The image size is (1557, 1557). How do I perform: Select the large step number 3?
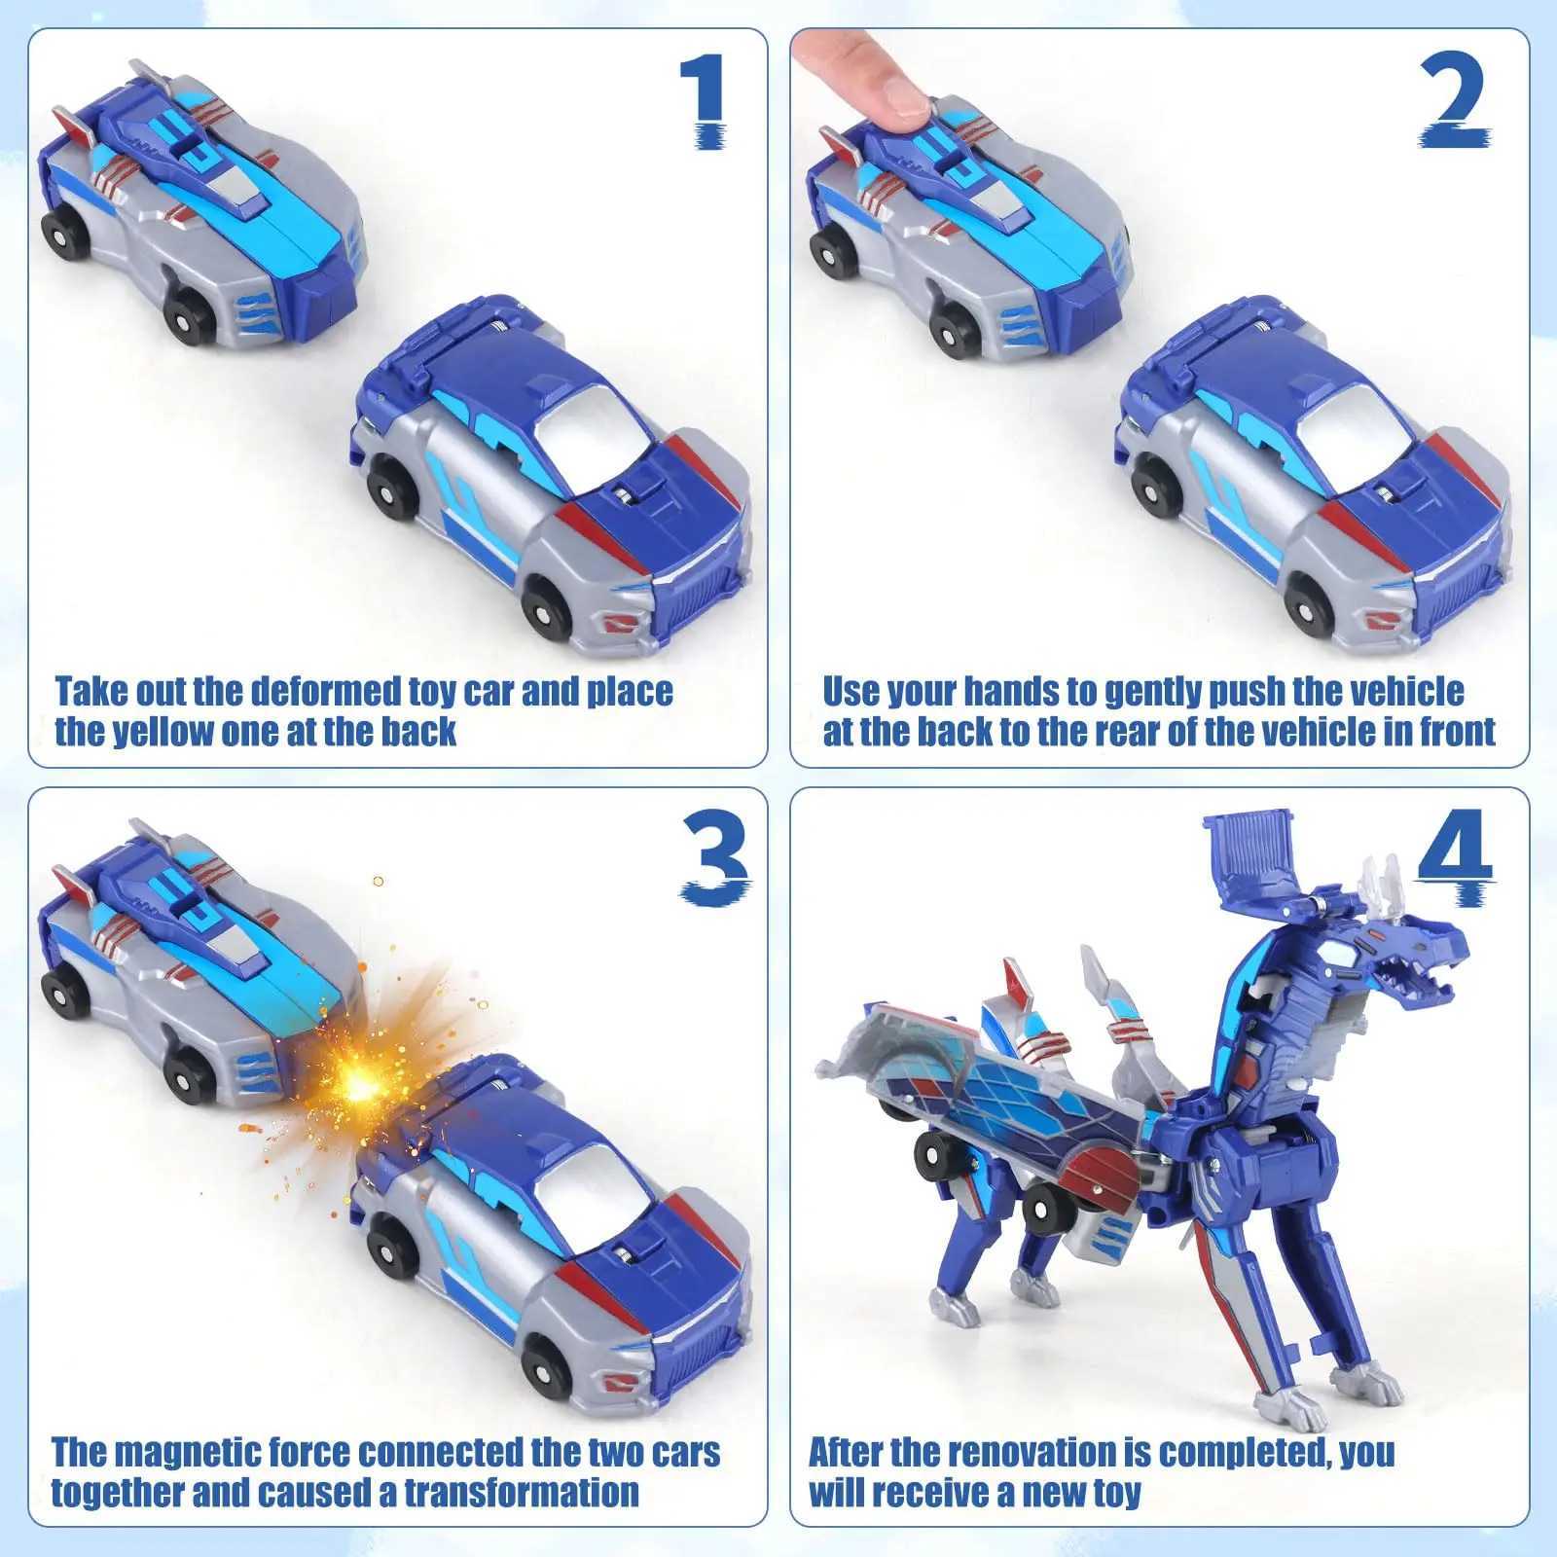[x=716, y=855]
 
